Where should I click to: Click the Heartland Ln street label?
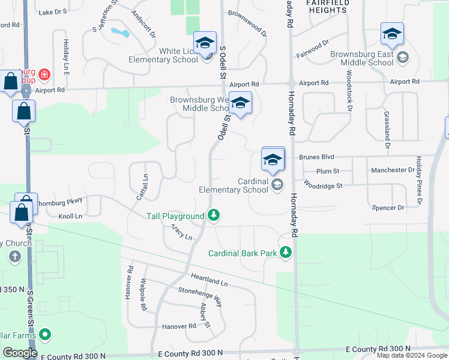(x=209, y=279)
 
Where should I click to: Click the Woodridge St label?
(x=323, y=186)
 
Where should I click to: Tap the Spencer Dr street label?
(x=388, y=207)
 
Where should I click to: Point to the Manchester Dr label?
(x=393, y=170)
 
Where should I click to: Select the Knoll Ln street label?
(x=70, y=216)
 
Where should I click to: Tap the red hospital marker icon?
(x=44, y=75)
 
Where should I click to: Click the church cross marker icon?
(x=15, y=257)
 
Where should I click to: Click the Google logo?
(x=20, y=352)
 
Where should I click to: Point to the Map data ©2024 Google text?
(x=411, y=355)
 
